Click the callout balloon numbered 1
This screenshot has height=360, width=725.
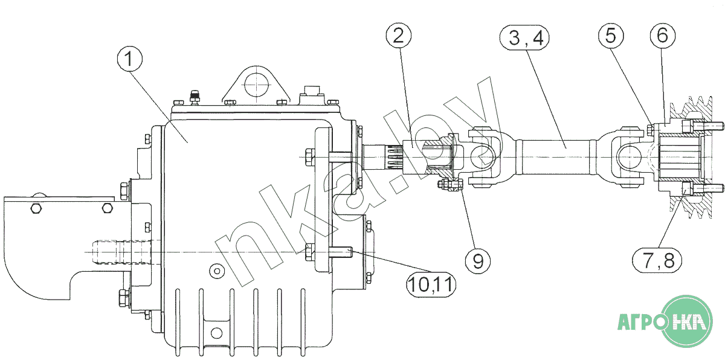pyautogui.click(x=129, y=60)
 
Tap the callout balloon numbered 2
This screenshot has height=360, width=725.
pyautogui.click(x=398, y=36)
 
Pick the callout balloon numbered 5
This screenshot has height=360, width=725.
pyautogui.click(x=610, y=36)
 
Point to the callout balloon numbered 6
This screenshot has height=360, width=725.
pyautogui.click(x=663, y=36)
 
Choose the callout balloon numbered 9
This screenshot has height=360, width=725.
pyautogui.click(x=478, y=261)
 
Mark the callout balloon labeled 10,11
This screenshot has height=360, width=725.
pyautogui.click(x=431, y=284)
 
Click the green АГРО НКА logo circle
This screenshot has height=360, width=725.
pyautogui.click(x=688, y=321)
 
